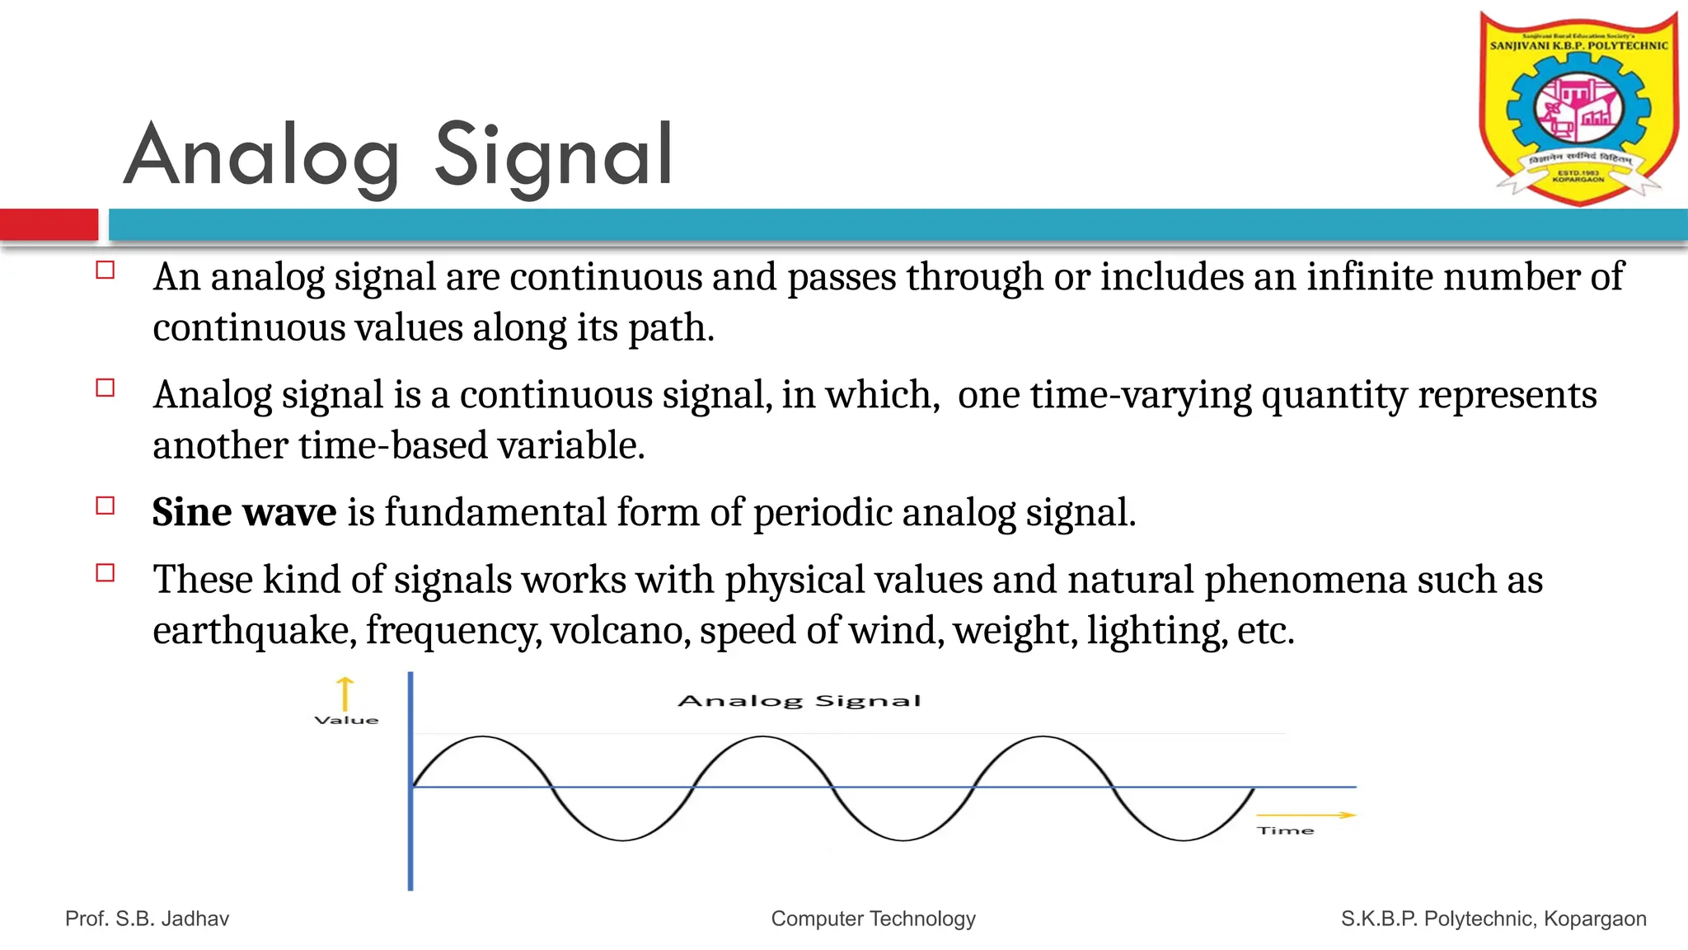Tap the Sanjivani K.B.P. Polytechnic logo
(1578, 107)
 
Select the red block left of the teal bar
(49, 224)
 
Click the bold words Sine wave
(244, 512)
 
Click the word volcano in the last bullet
(621, 631)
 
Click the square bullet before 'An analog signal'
(105, 270)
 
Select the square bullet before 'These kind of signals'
(105, 573)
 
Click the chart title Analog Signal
(799, 701)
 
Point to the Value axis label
(346, 720)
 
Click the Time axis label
(1285, 830)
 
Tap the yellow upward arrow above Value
(345, 693)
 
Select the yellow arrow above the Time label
(1306, 815)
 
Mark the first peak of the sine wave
(482, 736)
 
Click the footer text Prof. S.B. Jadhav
(147, 919)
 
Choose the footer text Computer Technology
(873, 919)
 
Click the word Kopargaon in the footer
(1595, 919)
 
